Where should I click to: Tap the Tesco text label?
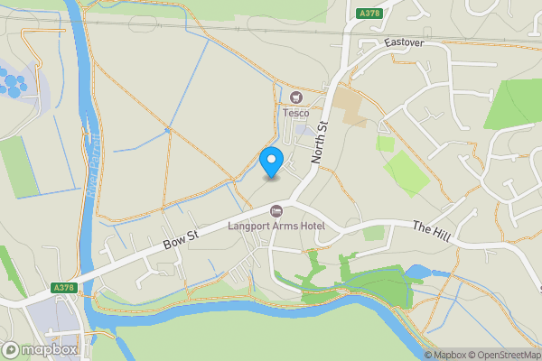click(x=295, y=113)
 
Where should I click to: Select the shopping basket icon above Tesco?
click(x=295, y=97)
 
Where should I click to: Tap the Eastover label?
click(x=404, y=42)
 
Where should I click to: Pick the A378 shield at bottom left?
click(x=61, y=288)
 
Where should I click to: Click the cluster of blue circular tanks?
click(x=14, y=86)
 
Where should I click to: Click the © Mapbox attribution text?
click(x=444, y=355)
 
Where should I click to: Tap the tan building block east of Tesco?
click(x=350, y=106)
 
